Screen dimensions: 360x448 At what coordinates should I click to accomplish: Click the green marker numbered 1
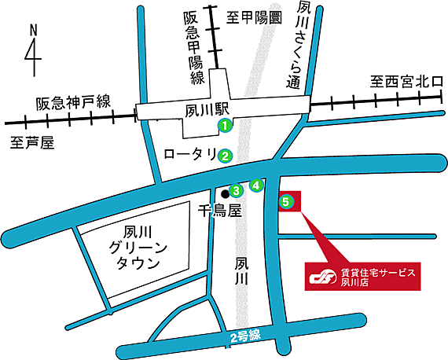click(x=224, y=125)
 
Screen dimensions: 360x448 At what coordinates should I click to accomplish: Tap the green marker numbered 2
click(x=224, y=155)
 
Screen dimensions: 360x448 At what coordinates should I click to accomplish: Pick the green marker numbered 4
click(x=255, y=186)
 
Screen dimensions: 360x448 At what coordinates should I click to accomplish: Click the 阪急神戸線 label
click(x=72, y=103)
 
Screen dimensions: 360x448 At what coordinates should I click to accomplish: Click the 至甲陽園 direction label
click(x=255, y=16)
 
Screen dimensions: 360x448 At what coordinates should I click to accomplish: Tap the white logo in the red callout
click(x=321, y=276)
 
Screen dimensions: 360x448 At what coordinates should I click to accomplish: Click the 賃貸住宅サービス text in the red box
click(x=376, y=271)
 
